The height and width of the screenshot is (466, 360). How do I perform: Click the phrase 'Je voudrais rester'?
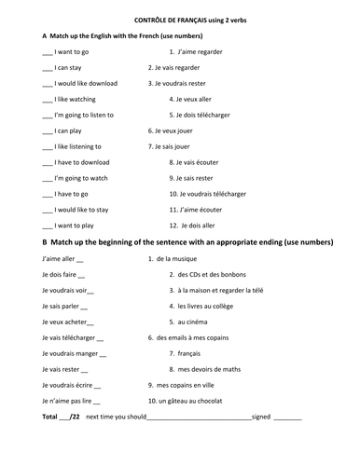point(183,83)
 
